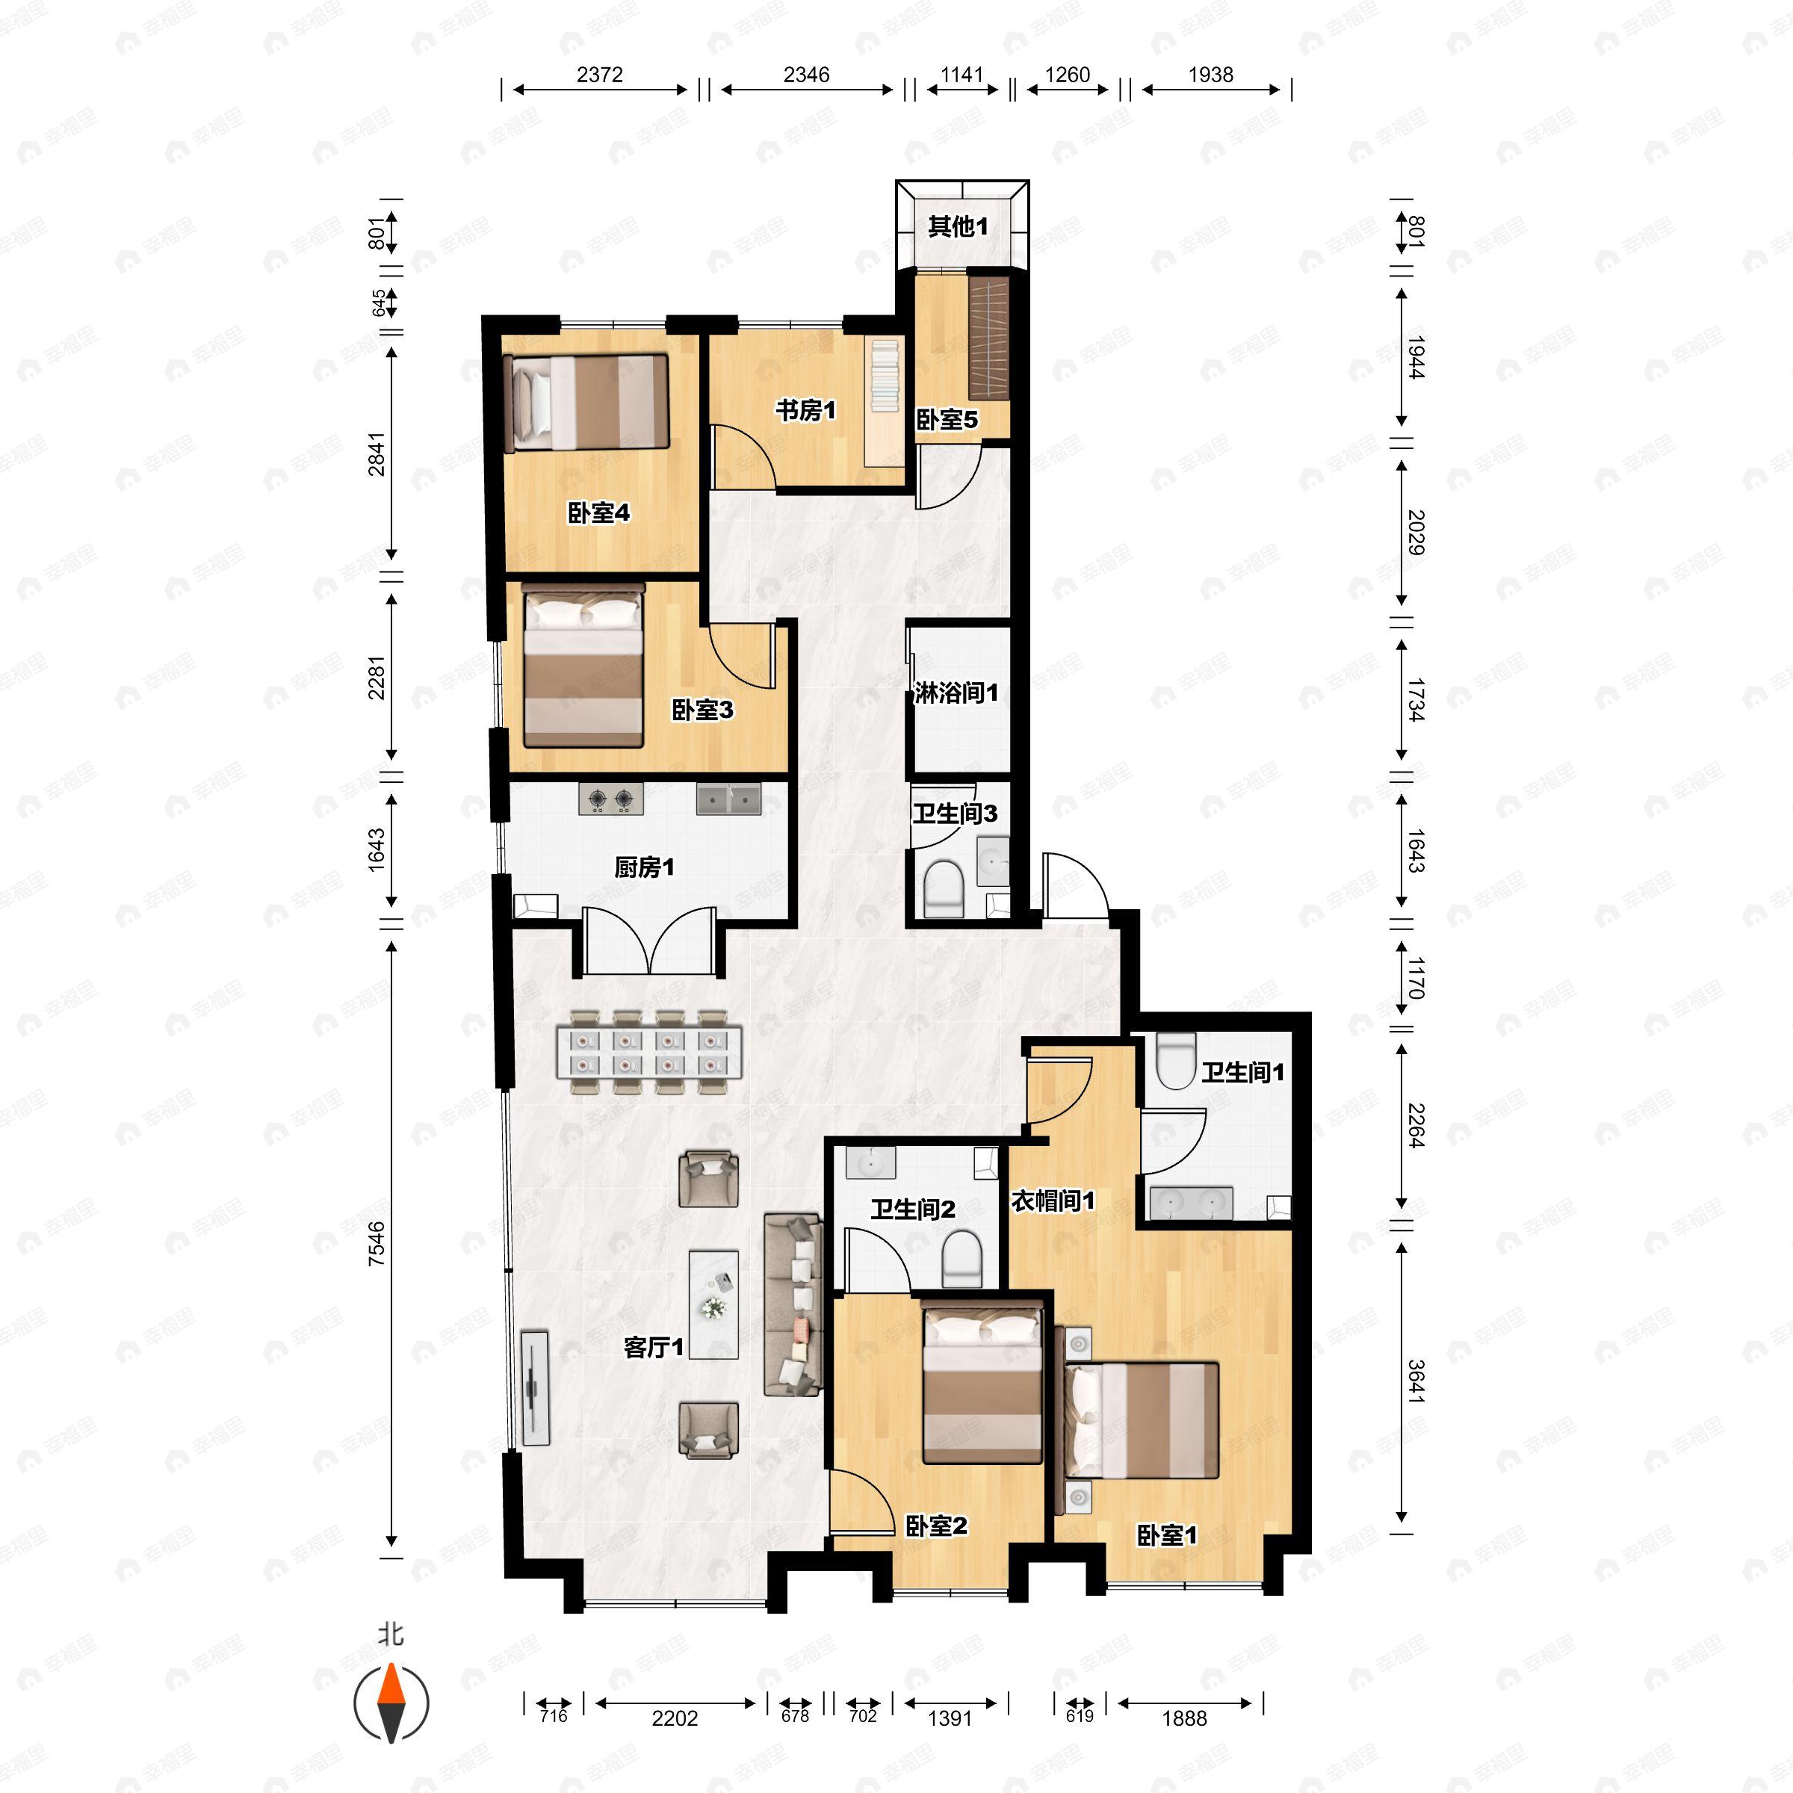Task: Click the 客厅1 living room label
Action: coord(654,1346)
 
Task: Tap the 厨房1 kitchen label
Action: coord(644,867)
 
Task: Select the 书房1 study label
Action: coord(805,409)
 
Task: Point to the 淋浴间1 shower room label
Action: coord(956,693)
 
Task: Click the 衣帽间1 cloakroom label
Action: coord(1053,1201)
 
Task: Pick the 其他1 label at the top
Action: coord(958,226)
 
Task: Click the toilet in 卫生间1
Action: coord(1176,1061)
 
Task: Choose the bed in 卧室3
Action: coord(583,666)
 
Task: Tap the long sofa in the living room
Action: coord(793,1304)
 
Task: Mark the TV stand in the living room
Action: coord(535,1387)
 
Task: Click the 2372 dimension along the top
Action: coord(599,74)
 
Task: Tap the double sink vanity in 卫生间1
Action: coord(1191,1203)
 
